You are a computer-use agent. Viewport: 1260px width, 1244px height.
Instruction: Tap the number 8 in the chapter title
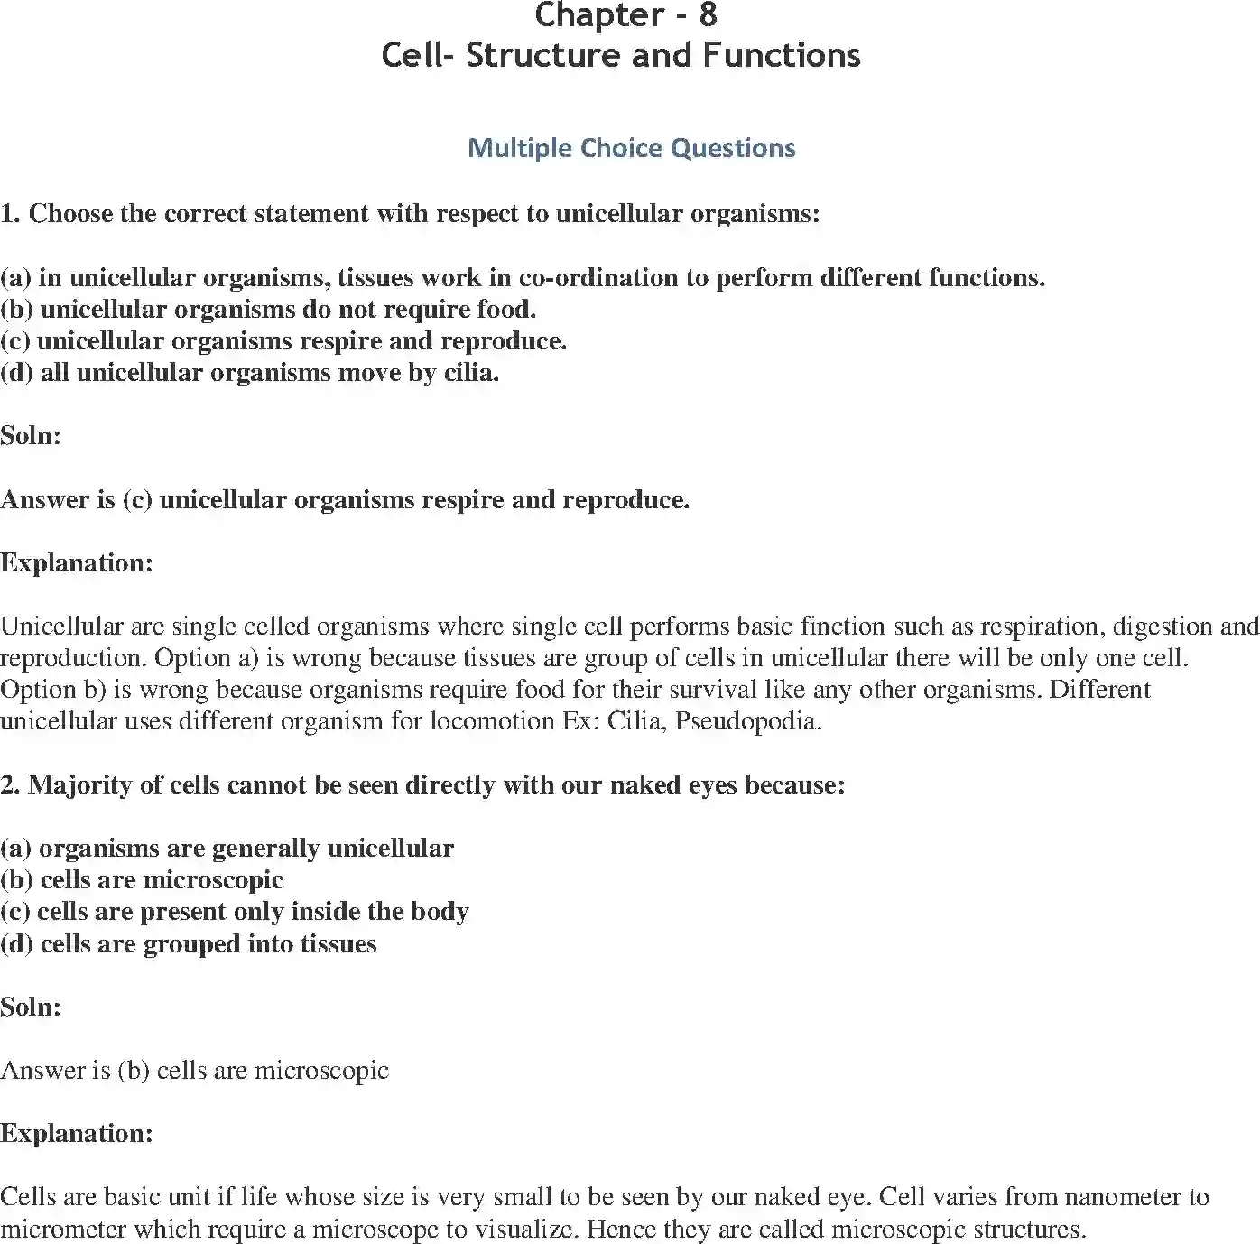point(708,16)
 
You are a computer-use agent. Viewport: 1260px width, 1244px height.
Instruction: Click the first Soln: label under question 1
point(31,436)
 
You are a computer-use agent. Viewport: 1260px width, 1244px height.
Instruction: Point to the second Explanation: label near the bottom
point(77,1134)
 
